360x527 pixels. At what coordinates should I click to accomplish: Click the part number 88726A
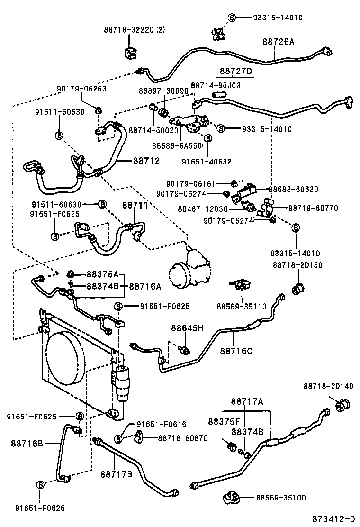coord(278,42)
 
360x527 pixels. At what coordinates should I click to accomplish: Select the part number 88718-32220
coord(129,29)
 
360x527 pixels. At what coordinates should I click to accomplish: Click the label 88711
coord(135,205)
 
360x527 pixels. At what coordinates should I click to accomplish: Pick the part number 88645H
coord(187,328)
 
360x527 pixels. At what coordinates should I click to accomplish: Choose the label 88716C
coord(236,351)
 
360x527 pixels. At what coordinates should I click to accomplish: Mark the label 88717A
coord(247,402)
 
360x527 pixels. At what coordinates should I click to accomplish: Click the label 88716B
coord(27,444)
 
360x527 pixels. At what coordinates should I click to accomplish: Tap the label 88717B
coord(116,473)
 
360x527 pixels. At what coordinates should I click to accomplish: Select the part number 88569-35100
coord(281,498)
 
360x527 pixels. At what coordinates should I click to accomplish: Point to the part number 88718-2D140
coord(328,386)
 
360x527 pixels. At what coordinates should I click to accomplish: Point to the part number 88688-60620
coord(293,189)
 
